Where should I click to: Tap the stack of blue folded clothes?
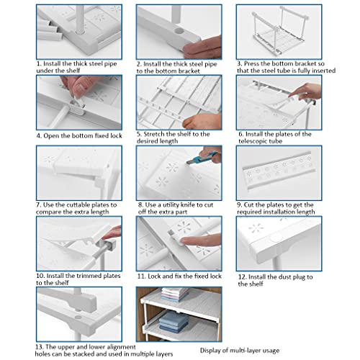coord(174,322)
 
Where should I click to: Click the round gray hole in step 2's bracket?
coord(179,30)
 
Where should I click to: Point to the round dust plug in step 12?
coord(276,238)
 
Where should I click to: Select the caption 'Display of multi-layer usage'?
coord(240,351)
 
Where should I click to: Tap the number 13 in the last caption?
coord(39,347)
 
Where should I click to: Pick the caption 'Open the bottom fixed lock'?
coord(83,136)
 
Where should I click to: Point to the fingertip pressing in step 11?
coord(184,240)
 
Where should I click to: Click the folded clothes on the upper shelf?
coord(175,294)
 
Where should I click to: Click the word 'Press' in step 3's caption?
coord(251,63)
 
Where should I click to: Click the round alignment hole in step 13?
coord(78,317)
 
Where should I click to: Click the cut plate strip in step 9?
coord(278,171)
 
